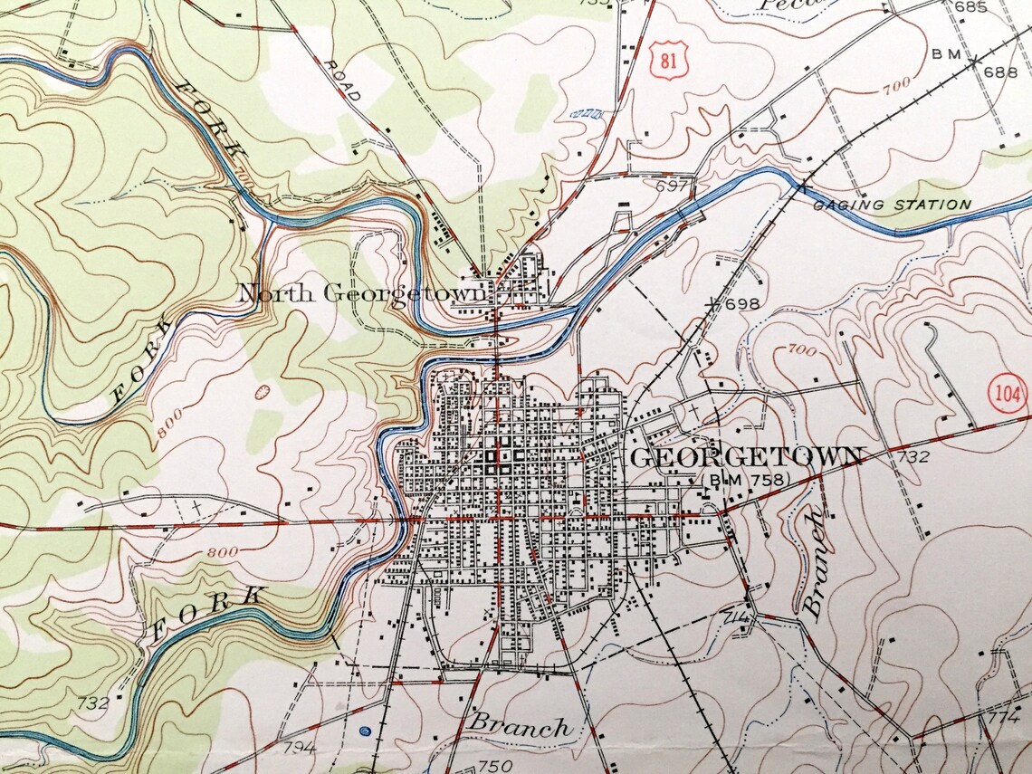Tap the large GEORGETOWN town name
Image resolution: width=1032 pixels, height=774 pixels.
point(746,457)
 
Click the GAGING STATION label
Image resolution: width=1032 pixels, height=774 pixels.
point(892,205)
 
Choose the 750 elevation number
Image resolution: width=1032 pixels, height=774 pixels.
point(495,766)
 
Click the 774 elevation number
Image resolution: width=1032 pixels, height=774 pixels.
point(1002,718)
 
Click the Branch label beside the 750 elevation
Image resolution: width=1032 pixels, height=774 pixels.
point(520,727)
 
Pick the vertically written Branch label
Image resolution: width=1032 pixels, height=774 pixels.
point(814,561)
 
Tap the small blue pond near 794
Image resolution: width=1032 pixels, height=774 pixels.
point(365,731)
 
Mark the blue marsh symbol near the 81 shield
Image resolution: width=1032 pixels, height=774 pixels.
point(588,113)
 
